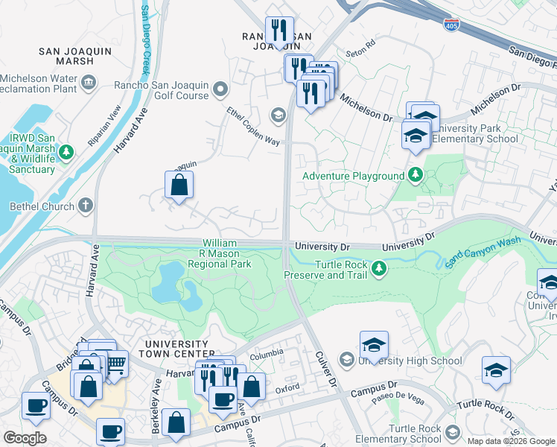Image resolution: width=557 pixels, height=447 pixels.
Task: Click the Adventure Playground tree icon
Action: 416,177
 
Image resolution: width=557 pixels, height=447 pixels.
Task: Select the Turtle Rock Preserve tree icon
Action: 379,267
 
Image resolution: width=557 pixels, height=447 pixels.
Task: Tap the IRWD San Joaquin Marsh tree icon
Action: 66,152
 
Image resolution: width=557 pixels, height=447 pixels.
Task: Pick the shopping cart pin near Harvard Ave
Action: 115,363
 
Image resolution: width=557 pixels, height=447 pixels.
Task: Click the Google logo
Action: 25,438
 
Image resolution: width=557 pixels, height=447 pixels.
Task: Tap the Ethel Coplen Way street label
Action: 253,125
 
